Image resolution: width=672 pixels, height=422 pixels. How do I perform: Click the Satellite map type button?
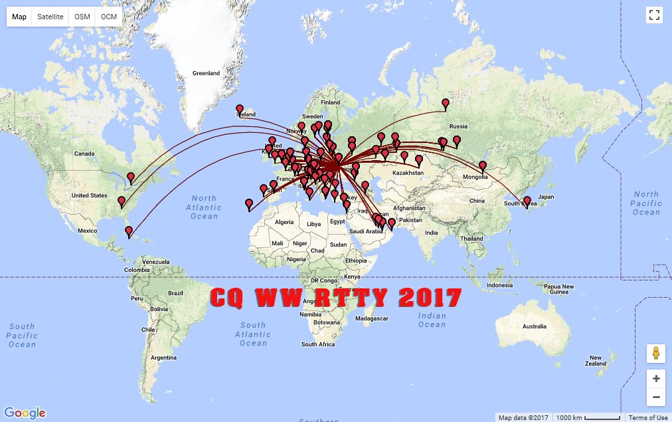tap(50, 17)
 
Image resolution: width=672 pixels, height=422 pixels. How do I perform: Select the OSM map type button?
tap(82, 17)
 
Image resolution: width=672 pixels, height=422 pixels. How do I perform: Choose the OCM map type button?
tap(109, 17)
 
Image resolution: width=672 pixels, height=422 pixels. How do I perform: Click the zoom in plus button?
tap(656, 379)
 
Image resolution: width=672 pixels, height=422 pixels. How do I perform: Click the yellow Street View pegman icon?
tap(656, 354)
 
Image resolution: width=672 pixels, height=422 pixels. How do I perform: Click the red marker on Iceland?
tap(240, 109)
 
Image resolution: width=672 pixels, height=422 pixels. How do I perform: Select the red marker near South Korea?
tap(527, 201)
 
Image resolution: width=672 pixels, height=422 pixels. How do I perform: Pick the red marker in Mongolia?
tap(483, 165)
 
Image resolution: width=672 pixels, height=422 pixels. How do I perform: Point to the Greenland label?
tap(206, 73)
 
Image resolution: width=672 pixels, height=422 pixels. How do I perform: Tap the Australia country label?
tap(534, 326)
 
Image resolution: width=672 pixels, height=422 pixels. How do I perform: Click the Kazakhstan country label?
tap(408, 173)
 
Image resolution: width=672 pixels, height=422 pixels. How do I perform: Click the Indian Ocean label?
tap(432, 320)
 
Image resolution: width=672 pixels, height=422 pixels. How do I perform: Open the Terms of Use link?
tap(648, 417)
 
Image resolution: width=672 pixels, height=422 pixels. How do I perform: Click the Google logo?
tap(29, 413)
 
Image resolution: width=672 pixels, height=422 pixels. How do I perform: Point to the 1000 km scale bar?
tap(588, 417)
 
